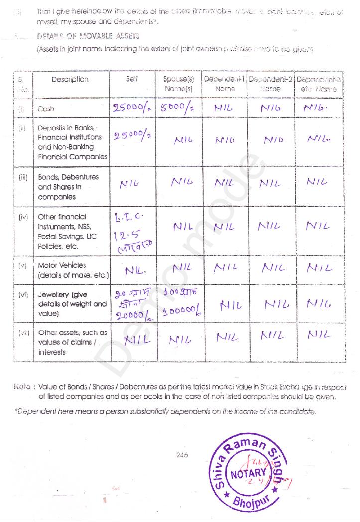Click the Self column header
coord(132,79)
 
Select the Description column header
coord(70,79)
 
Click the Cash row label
coord(46,109)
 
